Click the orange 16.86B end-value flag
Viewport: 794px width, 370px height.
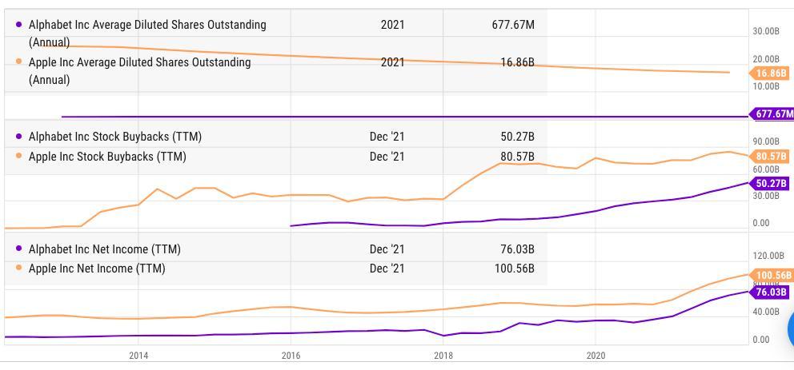(771, 74)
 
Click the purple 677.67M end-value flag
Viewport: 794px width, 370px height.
(773, 114)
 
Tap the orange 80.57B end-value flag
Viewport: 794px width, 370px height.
(771, 156)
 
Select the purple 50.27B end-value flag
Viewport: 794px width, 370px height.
(771, 184)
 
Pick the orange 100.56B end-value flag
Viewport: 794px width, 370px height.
(772, 276)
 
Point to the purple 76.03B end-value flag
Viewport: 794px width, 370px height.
(771, 292)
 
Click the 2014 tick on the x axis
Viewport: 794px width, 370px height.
(138, 355)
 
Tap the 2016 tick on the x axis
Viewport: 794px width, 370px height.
(291, 355)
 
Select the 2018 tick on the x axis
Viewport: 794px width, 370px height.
(443, 355)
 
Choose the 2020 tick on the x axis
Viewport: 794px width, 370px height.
(595, 355)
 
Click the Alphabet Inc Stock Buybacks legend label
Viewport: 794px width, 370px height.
(114, 137)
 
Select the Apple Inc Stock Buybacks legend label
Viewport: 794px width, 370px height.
(107, 157)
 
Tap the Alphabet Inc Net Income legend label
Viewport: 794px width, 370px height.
(104, 249)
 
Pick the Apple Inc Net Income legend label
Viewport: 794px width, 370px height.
(97, 269)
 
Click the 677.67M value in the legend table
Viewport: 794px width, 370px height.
(512, 25)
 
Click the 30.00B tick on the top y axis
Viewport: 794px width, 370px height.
(766, 31)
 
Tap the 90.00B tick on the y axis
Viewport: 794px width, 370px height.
(766, 141)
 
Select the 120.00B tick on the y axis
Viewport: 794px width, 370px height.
(767, 256)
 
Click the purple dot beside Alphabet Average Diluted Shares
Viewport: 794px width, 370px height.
(18, 25)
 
